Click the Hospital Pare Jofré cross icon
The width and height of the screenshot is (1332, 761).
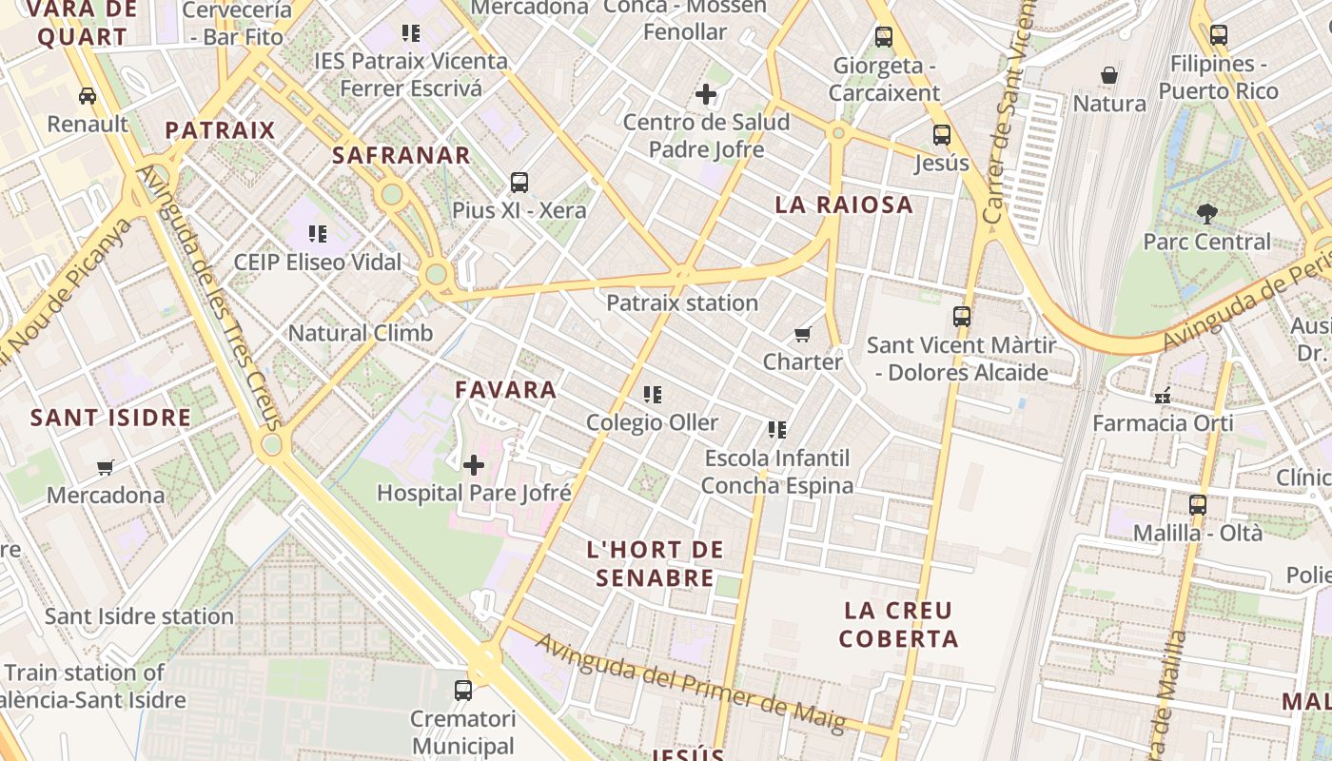(x=474, y=465)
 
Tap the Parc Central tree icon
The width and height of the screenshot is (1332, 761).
(x=1207, y=213)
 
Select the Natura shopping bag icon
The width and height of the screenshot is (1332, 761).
(x=1109, y=75)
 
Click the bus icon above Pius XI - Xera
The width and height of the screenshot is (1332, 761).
(x=519, y=182)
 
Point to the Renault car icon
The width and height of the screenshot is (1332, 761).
(x=88, y=96)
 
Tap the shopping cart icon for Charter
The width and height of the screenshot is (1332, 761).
(x=803, y=334)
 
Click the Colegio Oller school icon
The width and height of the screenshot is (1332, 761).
(x=653, y=394)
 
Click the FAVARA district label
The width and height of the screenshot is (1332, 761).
(x=505, y=389)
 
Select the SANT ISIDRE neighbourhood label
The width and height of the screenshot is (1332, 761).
(x=110, y=418)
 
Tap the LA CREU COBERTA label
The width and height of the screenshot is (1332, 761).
(x=898, y=624)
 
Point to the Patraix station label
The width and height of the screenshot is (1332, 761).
(x=682, y=303)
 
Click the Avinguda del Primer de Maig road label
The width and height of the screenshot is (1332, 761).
(x=690, y=683)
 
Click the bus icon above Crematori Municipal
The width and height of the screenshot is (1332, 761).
(x=463, y=690)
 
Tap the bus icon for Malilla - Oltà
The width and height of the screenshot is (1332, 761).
(x=1198, y=504)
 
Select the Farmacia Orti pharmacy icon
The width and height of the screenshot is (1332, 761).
(x=1162, y=395)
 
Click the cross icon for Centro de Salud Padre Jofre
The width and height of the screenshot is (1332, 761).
(x=706, y=94)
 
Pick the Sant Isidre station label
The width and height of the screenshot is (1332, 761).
(x=139, y=616)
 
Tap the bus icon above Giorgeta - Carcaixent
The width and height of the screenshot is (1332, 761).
(x=884, y=37)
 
